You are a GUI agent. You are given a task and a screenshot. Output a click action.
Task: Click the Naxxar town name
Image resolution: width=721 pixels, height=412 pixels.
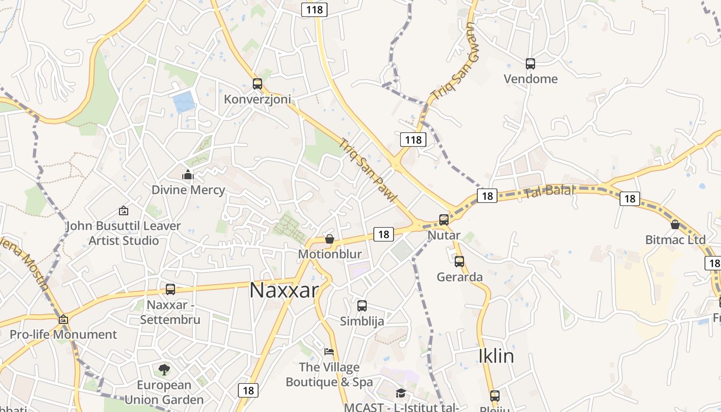pyautogui.click(x=284, y=290)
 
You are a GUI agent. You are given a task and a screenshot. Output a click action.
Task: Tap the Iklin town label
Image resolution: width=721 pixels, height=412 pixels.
pyautogui.click(x=496, y=356)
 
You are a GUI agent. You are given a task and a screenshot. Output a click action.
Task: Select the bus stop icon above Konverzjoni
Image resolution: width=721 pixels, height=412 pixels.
pyautogui.click(x=257, y=84)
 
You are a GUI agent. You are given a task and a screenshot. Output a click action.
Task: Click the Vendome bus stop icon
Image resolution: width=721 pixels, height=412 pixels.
pyautogui.click(x=530, y=64)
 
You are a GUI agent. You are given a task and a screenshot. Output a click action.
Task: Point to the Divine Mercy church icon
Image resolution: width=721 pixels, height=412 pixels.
pyautogui.click(x=188, y=175)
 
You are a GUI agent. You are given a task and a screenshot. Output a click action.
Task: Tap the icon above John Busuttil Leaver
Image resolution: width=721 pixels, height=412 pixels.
pyautogui.click(x=123, y=211)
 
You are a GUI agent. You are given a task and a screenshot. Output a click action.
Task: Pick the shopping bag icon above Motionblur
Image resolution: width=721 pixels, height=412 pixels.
pyautogui.click(x=330, y=239)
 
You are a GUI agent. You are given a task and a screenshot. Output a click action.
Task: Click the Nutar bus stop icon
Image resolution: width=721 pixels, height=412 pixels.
pyautogui.click(x=444, y=220)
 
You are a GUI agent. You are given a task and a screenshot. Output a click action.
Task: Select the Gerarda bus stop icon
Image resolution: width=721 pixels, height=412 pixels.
pyautogui.click(x=459, y=262)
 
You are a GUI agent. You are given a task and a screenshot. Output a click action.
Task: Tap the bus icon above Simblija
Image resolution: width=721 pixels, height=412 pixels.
pyautogui.click(x=362, y=306)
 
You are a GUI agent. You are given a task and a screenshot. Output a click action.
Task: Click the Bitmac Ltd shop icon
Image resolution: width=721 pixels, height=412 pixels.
pyautogui.click(x=675, y=225)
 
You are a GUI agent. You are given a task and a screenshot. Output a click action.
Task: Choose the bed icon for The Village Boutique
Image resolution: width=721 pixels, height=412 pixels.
pyautogui.click(x=329, y=352)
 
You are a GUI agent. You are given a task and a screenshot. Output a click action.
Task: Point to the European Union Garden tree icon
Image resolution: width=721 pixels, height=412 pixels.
pyautogui.click(x=164, y=369)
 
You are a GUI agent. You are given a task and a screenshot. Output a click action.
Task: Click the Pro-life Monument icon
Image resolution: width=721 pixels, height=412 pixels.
pyautogui.click(x=63, y=319)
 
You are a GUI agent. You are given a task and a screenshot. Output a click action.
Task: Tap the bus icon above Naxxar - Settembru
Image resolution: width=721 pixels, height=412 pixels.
pyautogui.click(x=170, y=289)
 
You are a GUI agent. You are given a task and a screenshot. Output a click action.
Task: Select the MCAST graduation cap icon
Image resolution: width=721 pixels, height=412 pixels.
pyautogui.click(x=400, y=393)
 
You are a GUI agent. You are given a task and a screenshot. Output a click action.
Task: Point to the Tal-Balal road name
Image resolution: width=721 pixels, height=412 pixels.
pyautogui.click(x=549, y=191)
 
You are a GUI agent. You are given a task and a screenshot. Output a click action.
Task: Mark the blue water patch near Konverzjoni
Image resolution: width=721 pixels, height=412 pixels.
pyautogui.click(x=184, y=102)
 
